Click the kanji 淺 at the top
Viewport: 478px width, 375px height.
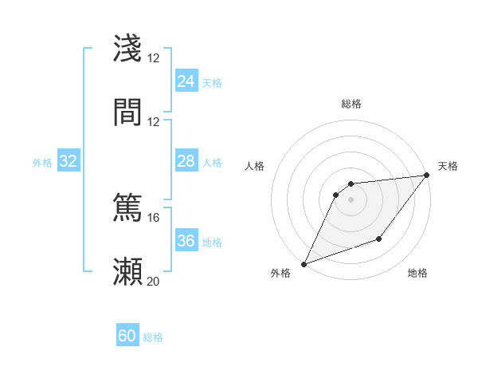128,48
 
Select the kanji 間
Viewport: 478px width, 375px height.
128,112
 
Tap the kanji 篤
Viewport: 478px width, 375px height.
128,207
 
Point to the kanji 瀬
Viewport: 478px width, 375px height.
128,271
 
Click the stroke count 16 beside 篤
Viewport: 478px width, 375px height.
154,217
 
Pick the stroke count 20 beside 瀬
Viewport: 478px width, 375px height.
154,281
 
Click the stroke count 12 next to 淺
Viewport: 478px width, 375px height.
154,57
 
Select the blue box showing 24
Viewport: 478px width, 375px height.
186,81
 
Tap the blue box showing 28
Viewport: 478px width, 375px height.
186,161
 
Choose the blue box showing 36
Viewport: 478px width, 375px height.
186,241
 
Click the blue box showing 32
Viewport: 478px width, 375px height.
69,161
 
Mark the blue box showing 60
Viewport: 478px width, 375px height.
127,336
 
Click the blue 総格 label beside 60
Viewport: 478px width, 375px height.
154,337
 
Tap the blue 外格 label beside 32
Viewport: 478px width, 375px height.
42,163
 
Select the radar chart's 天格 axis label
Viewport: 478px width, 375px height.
448,166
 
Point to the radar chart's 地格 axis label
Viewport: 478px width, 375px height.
417,273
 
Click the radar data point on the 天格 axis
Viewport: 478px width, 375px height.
427,176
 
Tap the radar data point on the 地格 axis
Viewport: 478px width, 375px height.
379,239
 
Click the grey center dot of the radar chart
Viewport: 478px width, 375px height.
351,199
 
